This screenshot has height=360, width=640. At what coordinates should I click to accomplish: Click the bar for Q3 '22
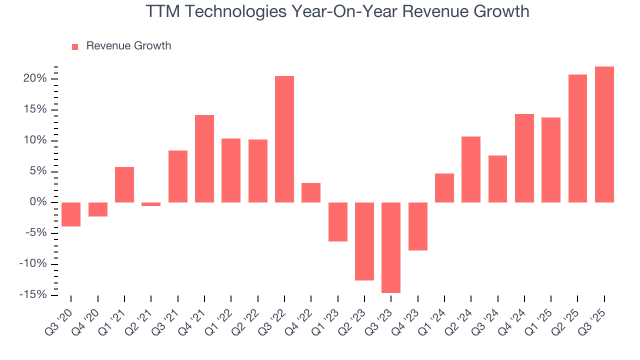(284, 139)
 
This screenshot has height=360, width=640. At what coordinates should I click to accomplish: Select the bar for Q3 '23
(391, 247)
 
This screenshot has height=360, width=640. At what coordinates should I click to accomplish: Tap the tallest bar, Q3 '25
(604, 134)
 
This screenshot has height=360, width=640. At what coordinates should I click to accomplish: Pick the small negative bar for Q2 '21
(151, 204)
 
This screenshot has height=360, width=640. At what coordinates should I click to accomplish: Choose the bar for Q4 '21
(204, 158)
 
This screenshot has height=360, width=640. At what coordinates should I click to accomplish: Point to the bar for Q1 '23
(337, 222)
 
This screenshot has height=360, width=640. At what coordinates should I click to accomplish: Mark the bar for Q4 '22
(311, 192)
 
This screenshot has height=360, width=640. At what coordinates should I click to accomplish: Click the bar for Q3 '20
(71, 214)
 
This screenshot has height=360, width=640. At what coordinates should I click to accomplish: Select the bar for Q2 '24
(471, 169)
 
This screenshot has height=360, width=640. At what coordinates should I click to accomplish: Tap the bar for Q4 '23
(417, 226)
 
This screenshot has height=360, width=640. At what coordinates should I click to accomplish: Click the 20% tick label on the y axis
(35, 79)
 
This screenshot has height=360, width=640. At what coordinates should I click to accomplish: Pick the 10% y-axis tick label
(35, 140)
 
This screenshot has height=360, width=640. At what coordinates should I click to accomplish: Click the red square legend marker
(75, 46)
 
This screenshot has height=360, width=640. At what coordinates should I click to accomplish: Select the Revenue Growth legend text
(128, 46)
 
